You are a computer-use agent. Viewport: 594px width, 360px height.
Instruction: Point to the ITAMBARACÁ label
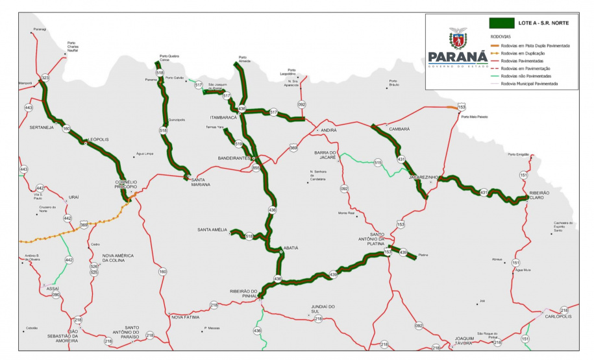pyautogui.click(x=223, y=117)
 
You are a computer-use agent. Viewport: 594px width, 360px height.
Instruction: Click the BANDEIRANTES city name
pyautogui.click(x=234, y=158)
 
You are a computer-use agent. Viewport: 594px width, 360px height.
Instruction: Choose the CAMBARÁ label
pyautogui.click(x=399, y=129)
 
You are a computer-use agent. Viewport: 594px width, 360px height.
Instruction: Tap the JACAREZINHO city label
pyautogui.click(x=425, y=176)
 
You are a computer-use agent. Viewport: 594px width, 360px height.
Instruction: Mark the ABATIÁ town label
pyautogui.click(x=290, y=248)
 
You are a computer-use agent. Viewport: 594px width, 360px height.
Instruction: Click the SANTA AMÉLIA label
pyautogui.click(x=212, y=230)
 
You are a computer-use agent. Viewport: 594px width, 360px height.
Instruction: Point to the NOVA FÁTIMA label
pyautogui.click(x=186, y=317)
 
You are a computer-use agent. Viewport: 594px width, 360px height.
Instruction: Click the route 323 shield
pyautogui.click(x=45, y=78)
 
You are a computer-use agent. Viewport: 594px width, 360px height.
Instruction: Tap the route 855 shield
pyautogui.click(x=256, y=168)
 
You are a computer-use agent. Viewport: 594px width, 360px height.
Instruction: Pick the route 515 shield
pyautogui.click(x=378, y=163)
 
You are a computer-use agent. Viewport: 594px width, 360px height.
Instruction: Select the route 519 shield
pyautogui.click(x=238, y=144)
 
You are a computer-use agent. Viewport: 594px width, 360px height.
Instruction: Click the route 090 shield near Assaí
pyautogui.click(x=56, y=295)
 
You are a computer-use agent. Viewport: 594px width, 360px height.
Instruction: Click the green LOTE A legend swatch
pyautogui.click(x=501, y=23)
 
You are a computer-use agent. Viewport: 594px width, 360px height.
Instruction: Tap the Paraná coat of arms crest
pyautogui.click(x=458, y=39)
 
